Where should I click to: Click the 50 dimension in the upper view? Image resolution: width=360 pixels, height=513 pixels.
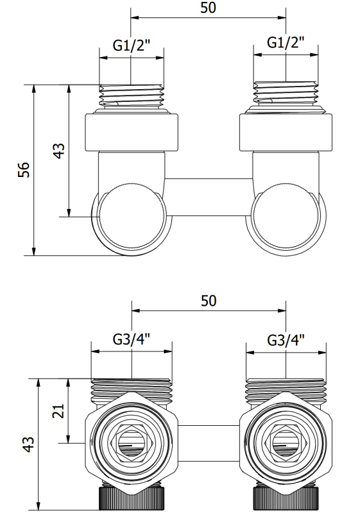[208, 8]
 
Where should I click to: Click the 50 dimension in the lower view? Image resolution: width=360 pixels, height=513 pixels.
[209, 301]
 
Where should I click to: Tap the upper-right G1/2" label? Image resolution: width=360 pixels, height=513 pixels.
[286, 42]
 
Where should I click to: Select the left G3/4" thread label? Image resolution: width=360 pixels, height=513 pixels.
[132, 340]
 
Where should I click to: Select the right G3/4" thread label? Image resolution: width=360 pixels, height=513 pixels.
[286, 340]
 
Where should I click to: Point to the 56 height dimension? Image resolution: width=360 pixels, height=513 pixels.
[24, 170]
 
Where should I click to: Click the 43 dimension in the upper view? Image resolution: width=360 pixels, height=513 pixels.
[59, 151]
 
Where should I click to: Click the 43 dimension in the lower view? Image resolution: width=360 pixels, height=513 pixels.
[29, 444]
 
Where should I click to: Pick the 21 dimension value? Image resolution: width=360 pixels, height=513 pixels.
[58, 411]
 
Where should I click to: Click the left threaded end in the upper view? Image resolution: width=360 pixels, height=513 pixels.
[132, 96]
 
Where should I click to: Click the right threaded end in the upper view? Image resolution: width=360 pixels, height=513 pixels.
[286, 94]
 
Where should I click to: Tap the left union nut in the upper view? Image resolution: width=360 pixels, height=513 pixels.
[132, 132]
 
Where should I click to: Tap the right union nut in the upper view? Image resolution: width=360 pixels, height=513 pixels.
[286, 132]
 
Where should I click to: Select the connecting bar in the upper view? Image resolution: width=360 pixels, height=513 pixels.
[209, 198]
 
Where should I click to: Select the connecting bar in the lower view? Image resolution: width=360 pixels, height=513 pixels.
[209, 443]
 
